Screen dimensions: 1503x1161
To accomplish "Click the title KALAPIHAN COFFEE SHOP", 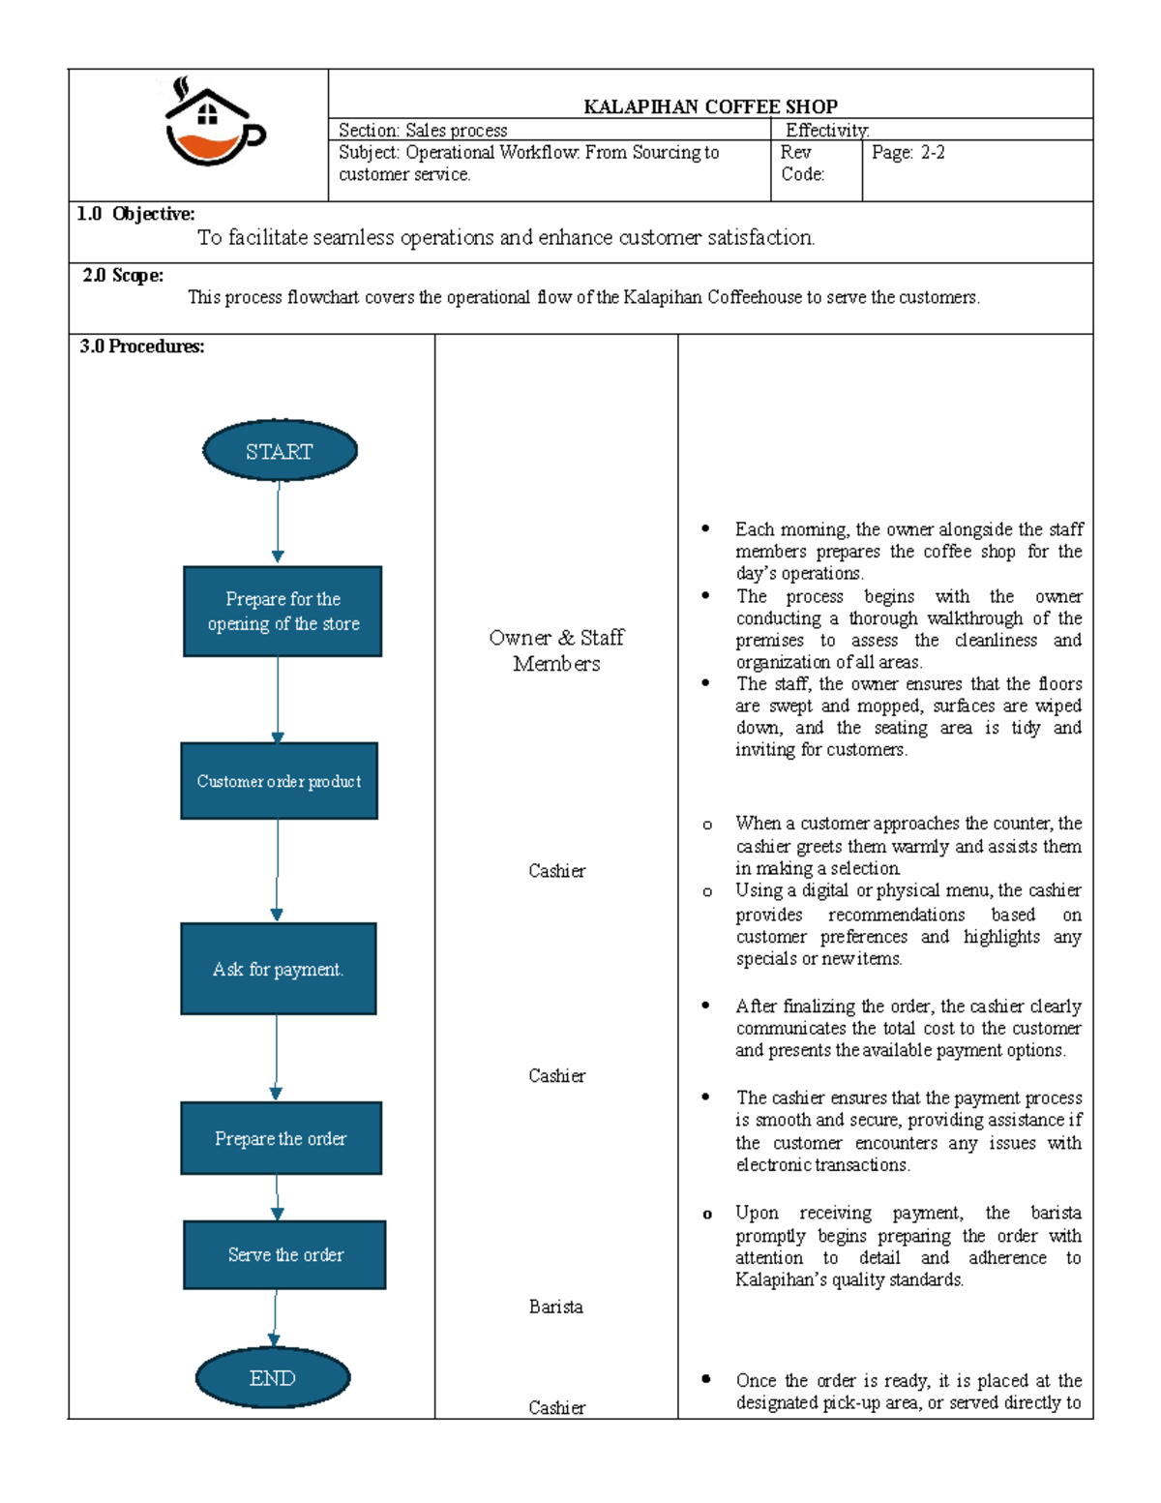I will coord(710,106).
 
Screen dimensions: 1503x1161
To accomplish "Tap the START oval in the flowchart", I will coord(280,451).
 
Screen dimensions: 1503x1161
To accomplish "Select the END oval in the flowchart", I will coord(273,1378).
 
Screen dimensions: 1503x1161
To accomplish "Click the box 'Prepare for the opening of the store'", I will coord(283,612).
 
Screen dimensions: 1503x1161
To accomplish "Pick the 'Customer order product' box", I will coord(279,781).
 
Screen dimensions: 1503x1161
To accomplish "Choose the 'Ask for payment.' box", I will coord(278,969).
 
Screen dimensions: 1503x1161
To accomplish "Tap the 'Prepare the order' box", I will coord(281,1138).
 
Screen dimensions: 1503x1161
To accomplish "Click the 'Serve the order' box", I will coord(284,1254).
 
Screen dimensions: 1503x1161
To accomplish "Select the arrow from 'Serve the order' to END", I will coord(275,1317).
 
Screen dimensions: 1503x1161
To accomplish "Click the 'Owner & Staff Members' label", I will coord(556,650).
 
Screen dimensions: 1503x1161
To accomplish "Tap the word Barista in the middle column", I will coord(556,1307).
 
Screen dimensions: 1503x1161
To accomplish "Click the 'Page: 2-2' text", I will coord(908,152).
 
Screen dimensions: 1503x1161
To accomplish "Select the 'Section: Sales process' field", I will coord(423,130).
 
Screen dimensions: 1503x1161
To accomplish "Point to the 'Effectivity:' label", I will coord(827,130).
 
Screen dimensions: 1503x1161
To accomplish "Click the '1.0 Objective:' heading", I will coord(135,214).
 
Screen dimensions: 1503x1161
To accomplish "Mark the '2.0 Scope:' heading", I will coord(123,276).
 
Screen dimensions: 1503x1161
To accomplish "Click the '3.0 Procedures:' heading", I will coord(142,346).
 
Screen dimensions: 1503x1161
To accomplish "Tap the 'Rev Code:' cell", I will coord(803,164).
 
